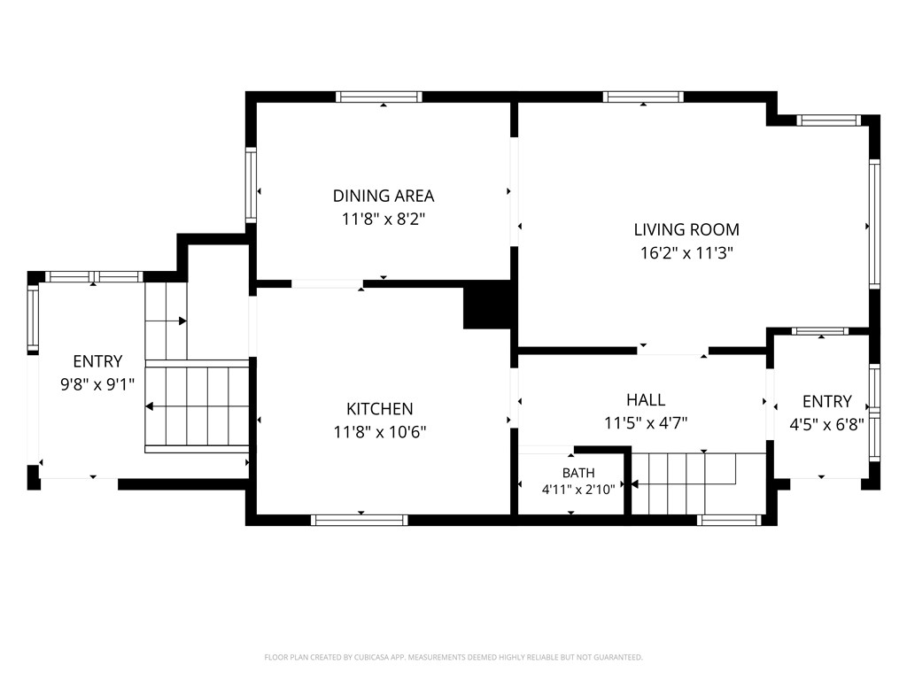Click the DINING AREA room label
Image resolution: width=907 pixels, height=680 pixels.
pyautogui.click(x=384, y=196)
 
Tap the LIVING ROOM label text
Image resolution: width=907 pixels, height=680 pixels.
pyautogui.click(x=686, y=229)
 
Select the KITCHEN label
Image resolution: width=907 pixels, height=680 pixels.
pyautogui.click(x=379, y=409)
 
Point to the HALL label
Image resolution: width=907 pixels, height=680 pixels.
pyautogui.click(x=646, y=399)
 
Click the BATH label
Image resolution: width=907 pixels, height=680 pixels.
pyautogui.click(x=578, y=473)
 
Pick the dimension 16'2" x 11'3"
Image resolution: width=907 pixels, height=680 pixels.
pyautogui.click(x=686, y=253)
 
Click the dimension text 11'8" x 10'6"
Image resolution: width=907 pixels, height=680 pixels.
pyautogui.click(x=379, y=432)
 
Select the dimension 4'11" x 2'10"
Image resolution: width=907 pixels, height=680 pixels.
pyautogui.click(x=578, y=490)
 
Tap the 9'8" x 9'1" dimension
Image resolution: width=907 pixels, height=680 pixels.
pyautogui.click(x=97, y=384)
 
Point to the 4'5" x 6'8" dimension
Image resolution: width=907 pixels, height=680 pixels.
pyautogui.click(x=826, y=425)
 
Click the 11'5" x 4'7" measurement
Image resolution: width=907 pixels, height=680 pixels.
pyautogui.click(x=646, y=423)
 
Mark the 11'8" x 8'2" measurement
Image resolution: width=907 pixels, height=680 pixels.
pyautogui.click(x=384, y=220)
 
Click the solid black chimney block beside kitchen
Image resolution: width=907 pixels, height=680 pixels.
pyautogui.click(x=487, y=305)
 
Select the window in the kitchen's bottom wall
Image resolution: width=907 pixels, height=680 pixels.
pyautogui.click(x=360, y=521)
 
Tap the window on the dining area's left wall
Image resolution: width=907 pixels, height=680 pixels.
pyautogui.click(x=251, y=184)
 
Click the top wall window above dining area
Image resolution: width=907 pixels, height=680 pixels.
pyautogui.click(x=379, y=97)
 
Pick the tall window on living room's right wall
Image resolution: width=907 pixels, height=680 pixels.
pyautogui.click(x=874, y=224)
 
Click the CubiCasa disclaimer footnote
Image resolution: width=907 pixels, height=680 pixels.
pyautogui.click(x=453, y=658)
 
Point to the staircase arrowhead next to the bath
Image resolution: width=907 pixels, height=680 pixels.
pyautogui.click(x=634, y=484)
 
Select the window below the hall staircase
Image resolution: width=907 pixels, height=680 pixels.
pyautogui.click(x=729, y=521)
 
